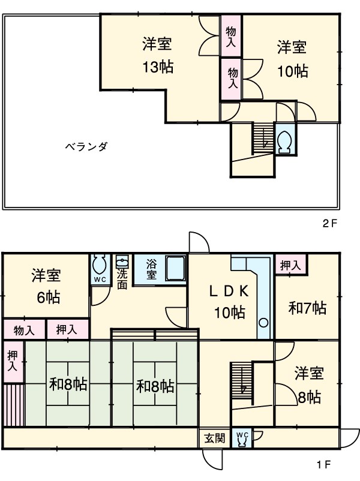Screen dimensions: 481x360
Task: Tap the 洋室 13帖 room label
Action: click(x=157, y=55)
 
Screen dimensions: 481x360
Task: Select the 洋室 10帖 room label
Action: click(x=292, y=59)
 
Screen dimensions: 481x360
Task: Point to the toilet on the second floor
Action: click(x=284, y=140)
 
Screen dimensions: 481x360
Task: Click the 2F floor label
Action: click(x=331, y=224)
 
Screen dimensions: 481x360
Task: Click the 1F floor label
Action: click(x=323, y=464)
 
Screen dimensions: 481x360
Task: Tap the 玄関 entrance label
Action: click(x=213, y=438)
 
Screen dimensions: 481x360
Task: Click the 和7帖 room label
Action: click(x=308, y=308)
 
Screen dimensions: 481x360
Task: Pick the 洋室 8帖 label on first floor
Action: click(x=309, y=385)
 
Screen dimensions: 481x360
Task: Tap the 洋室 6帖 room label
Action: click(x=46, y=286)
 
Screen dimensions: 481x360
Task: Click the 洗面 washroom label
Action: click(x=122, y=277)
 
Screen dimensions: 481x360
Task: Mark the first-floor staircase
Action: click(x=242, y=382)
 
